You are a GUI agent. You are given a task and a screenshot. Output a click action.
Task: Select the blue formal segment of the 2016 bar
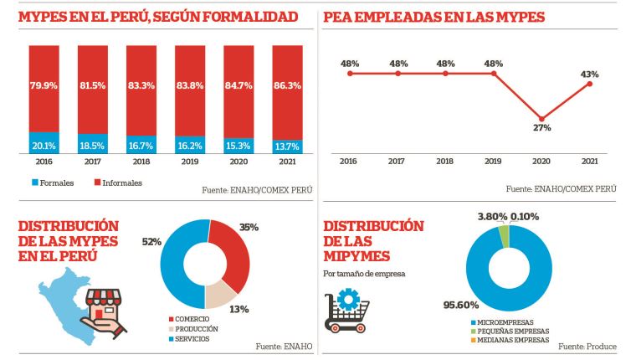tap(44, 143)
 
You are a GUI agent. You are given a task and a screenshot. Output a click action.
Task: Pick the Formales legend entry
tap(54, 183)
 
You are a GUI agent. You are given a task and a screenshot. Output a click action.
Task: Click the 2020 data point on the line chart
tap(542, 118)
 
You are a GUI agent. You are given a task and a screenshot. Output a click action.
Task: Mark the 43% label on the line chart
tap(590, 74)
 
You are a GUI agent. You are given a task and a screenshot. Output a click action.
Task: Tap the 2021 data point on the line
tap(591, 84)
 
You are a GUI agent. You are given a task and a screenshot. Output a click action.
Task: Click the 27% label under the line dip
tap(542, 128)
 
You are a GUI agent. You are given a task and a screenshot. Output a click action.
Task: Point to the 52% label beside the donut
tap(151, 241)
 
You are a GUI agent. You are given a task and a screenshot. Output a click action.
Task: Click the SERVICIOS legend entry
tap(192, 338)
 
